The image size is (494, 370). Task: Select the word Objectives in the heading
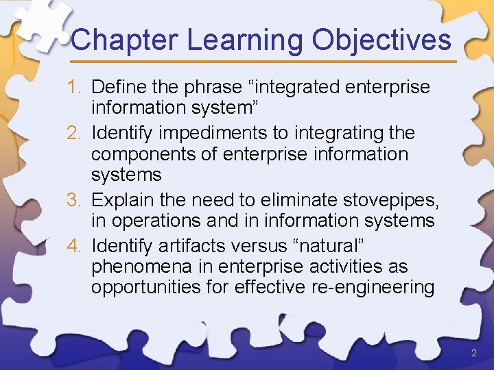tap(381, 40)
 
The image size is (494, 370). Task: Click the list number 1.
tap(75, 88)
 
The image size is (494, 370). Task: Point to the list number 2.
tap(75, 132)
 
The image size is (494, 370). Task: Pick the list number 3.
tap(75, 199)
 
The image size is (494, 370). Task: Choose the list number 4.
tap(75, 244)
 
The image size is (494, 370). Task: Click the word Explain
tap(121, 199)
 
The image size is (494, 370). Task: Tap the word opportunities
tap(145, 288)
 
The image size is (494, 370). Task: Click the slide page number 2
tap(474, 354)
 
